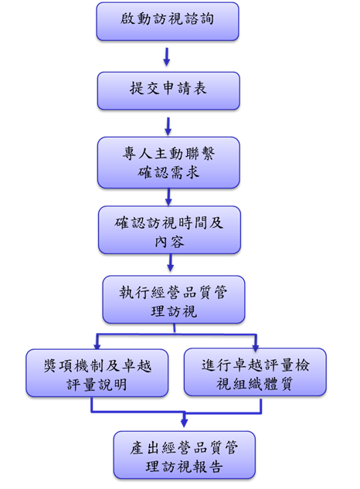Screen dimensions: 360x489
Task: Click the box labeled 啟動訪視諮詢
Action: [x=168, y=21]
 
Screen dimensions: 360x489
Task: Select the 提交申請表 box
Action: [x=168, y=90]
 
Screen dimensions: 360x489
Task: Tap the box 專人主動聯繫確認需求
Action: [x=168, y=162]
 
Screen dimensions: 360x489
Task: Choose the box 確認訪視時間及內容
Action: [x=169, y=230]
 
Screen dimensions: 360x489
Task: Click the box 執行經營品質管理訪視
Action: [x=174, y=300]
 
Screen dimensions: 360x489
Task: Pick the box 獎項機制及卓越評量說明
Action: [x=97, y=373]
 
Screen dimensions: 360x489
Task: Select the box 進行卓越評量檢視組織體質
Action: [x=255, y=372]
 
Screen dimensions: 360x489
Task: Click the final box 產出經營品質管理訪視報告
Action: [x=185, y=455]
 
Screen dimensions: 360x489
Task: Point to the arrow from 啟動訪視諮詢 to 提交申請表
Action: [x=167, y=56]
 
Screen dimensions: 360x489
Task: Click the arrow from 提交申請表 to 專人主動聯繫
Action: [x=168, y=126]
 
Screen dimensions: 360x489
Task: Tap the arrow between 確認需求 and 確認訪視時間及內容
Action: [x=168, y=197]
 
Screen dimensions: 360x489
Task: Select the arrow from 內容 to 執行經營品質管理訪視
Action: [x=170, y=263]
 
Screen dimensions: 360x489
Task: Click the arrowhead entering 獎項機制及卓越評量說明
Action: [x=97, y=345]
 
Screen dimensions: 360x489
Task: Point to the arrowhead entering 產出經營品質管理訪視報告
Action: [x=184, y=423]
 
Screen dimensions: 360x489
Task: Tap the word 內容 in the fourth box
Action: [x=169, y=242]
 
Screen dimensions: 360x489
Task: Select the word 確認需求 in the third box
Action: [x=168, y=172]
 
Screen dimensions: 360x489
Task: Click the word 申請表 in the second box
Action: [x=185, y=88]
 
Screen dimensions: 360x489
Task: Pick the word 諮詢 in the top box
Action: [x=199, y=19]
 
